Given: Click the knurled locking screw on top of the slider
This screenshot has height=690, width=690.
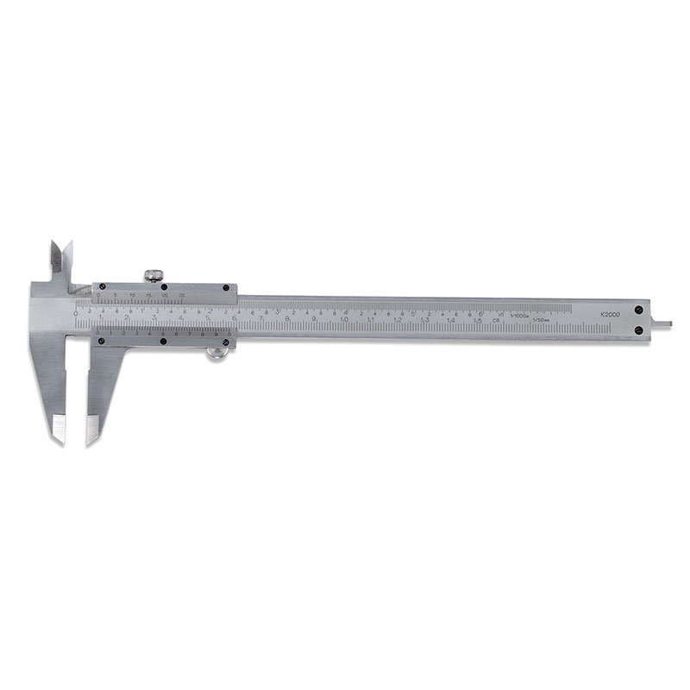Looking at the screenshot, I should (x=154, y=276).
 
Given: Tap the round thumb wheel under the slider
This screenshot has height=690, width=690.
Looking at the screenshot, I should (x=218, y=350).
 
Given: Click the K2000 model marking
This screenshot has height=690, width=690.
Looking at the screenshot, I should (x=610, y=315).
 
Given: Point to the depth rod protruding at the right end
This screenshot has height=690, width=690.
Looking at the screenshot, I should (x=662, y=324).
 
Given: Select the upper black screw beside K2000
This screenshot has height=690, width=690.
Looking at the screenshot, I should (x=639, y=309).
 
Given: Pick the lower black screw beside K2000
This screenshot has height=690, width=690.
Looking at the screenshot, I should (x=639, y=329).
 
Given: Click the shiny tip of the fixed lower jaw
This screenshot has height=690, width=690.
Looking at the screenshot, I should (x=59, y=429).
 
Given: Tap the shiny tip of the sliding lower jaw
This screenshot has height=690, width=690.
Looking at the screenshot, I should (x=92, y=429).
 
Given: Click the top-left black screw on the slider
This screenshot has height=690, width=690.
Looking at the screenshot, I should (x=97, y=288).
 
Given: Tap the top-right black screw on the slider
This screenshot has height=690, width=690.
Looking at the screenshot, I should (x=226, y=288).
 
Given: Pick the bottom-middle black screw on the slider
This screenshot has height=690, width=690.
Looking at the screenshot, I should (x=163, y=341).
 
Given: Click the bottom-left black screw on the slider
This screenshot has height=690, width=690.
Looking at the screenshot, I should (x=102, y=341).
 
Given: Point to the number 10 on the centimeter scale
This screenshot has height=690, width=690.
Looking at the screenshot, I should (x=343, y=320).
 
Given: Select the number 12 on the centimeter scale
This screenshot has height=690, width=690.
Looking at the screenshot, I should (x=397, y=320).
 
